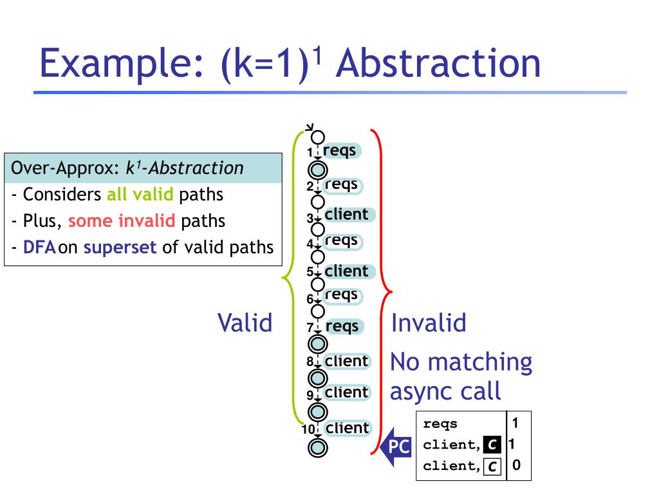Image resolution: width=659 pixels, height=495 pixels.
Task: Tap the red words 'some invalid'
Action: (x=122, y=221)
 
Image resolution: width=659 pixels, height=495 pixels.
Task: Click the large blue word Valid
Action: (x=245, y=322)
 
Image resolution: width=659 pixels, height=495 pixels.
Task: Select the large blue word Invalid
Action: (x=429, y=322)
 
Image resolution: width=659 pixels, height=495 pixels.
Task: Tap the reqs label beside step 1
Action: (x=340, y=151)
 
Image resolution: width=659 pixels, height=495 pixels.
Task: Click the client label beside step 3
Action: (x=347, y=215)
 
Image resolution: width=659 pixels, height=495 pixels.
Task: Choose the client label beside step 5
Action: (x=347, y=271)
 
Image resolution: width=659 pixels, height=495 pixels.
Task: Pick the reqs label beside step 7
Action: (x=342, y=327)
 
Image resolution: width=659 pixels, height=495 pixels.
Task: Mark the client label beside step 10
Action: (x=348, y=428)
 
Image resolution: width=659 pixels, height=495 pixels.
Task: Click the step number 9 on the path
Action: (x=310, y=395)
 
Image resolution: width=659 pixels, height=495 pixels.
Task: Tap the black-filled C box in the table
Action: (x=492, y=444)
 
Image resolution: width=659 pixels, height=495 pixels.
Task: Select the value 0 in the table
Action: (x=516, y=465)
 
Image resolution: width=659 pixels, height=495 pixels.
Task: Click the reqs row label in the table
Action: (x=440, y=424)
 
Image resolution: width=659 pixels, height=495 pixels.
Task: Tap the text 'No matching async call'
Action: (x=461, y=376)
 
